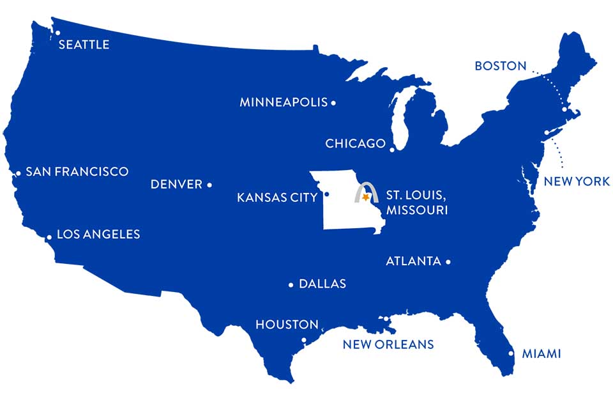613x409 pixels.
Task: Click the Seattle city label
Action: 84,45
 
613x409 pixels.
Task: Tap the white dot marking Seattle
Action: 57,33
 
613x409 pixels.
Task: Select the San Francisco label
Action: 77,172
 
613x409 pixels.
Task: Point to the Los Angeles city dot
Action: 49,237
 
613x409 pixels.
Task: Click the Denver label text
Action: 176,185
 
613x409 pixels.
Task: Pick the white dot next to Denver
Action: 209,185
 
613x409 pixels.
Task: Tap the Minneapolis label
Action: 284,102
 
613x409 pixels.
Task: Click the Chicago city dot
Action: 392,149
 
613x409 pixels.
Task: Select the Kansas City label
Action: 277,197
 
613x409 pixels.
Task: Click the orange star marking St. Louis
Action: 366,199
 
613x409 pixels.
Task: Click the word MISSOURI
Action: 416,210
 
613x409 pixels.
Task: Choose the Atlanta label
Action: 414,261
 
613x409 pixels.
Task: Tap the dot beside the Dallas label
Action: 291,284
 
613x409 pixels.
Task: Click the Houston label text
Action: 287,325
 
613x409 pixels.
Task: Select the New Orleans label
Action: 388,345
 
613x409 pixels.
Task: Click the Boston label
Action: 501,66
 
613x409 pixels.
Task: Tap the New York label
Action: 577,181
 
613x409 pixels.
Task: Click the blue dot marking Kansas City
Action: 326,194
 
